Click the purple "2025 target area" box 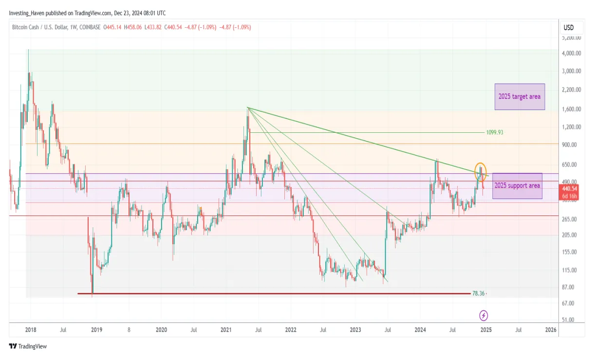520,96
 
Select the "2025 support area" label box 517,186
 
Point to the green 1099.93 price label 494,132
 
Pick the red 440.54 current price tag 569,188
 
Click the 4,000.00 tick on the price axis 571,54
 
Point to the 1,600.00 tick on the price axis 571,109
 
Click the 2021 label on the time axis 226,330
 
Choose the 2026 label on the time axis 551,330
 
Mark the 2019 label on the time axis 96,330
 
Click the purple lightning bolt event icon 483,316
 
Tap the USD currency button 568,28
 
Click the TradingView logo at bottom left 28,346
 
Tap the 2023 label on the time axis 355,330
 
